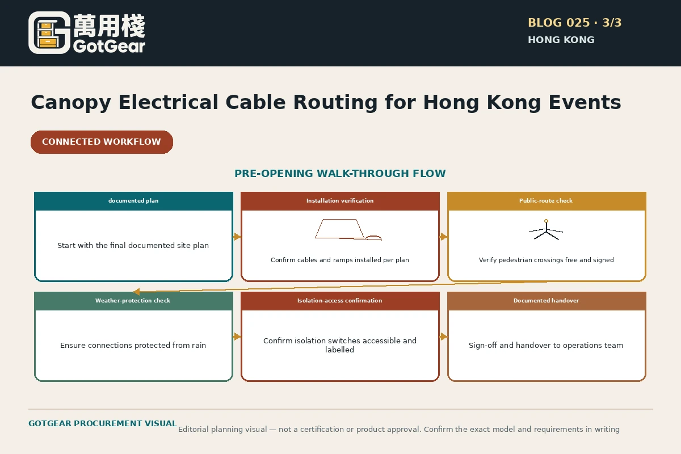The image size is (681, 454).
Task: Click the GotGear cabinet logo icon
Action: (49, 33)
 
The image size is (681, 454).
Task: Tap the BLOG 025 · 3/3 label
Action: (574, 23)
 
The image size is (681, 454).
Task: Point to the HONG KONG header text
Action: (561, 40)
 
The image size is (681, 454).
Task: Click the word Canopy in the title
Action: (71, 103)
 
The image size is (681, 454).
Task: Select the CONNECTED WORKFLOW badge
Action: (102, 142)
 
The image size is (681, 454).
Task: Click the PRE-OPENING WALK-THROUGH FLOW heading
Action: (340, 173)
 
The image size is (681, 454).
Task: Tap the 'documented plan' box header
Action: (133, 201)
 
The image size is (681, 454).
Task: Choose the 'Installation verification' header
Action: (340, 201)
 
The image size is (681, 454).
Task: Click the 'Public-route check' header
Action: (547, 201)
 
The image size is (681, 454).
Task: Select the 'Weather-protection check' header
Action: (133, 301)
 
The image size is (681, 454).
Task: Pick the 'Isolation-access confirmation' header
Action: (340, 301)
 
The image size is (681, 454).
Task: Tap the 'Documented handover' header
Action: (547, 301)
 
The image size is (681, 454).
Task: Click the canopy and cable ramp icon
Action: (348, 229)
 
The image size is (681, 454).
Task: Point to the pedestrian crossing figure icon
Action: (546, 230)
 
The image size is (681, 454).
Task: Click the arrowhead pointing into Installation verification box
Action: (237, 237)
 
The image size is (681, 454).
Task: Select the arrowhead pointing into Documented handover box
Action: (444, 337)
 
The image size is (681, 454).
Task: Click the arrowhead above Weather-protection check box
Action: (137, 292)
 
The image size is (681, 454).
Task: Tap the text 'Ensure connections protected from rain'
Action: (133, 346)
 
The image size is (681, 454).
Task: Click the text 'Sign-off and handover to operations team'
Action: (546, 346)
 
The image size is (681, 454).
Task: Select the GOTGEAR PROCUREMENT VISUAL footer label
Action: (103, 423)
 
